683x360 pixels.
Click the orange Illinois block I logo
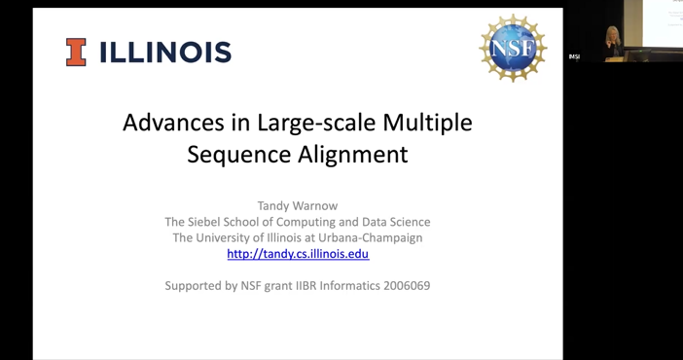pos(76,52)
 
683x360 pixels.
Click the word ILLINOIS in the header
pos(165,53)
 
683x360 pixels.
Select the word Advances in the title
pos(165,124)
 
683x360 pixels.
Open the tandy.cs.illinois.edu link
pos(298,254)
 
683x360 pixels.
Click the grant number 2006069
pos(401,286)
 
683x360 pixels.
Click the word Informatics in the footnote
pos(338,286)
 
